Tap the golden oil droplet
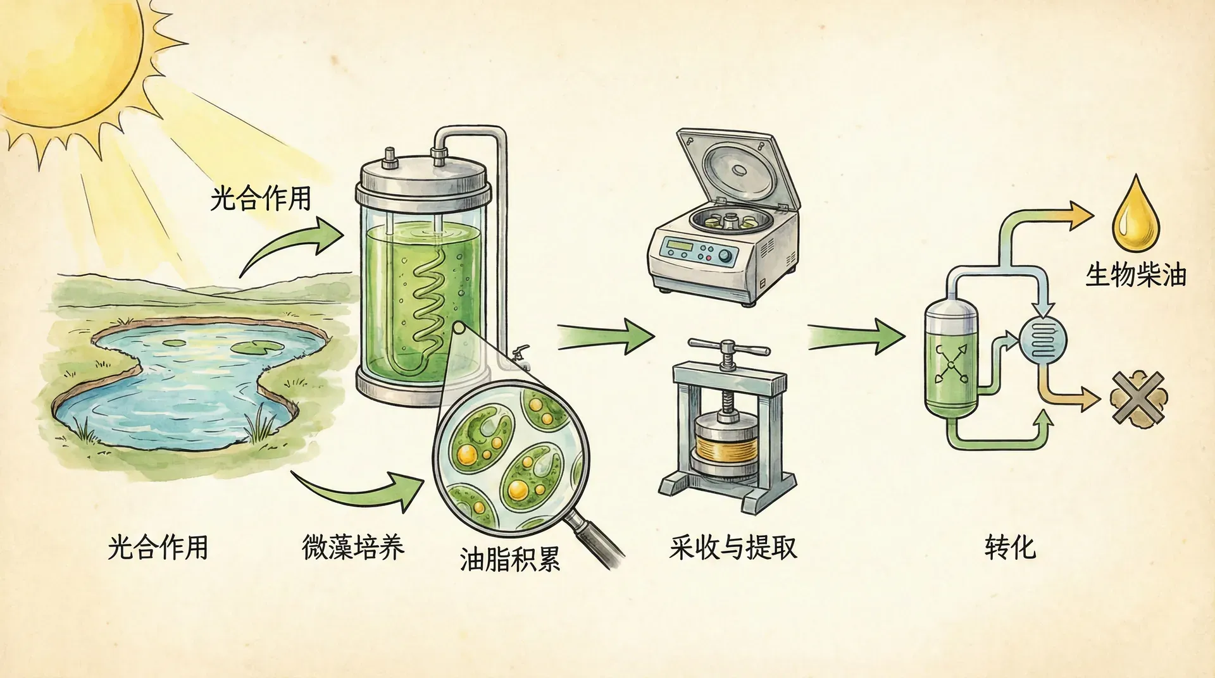point(1137,218)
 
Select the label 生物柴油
point(1136,275)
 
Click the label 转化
point(1010,547)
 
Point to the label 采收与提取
point(733,547)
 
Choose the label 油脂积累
point(510,559)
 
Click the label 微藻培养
point(353,547)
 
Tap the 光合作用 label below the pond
point(158,547)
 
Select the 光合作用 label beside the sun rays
point(261,198)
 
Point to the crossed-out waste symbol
point(1138,397)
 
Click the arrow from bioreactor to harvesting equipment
point(604,335)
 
